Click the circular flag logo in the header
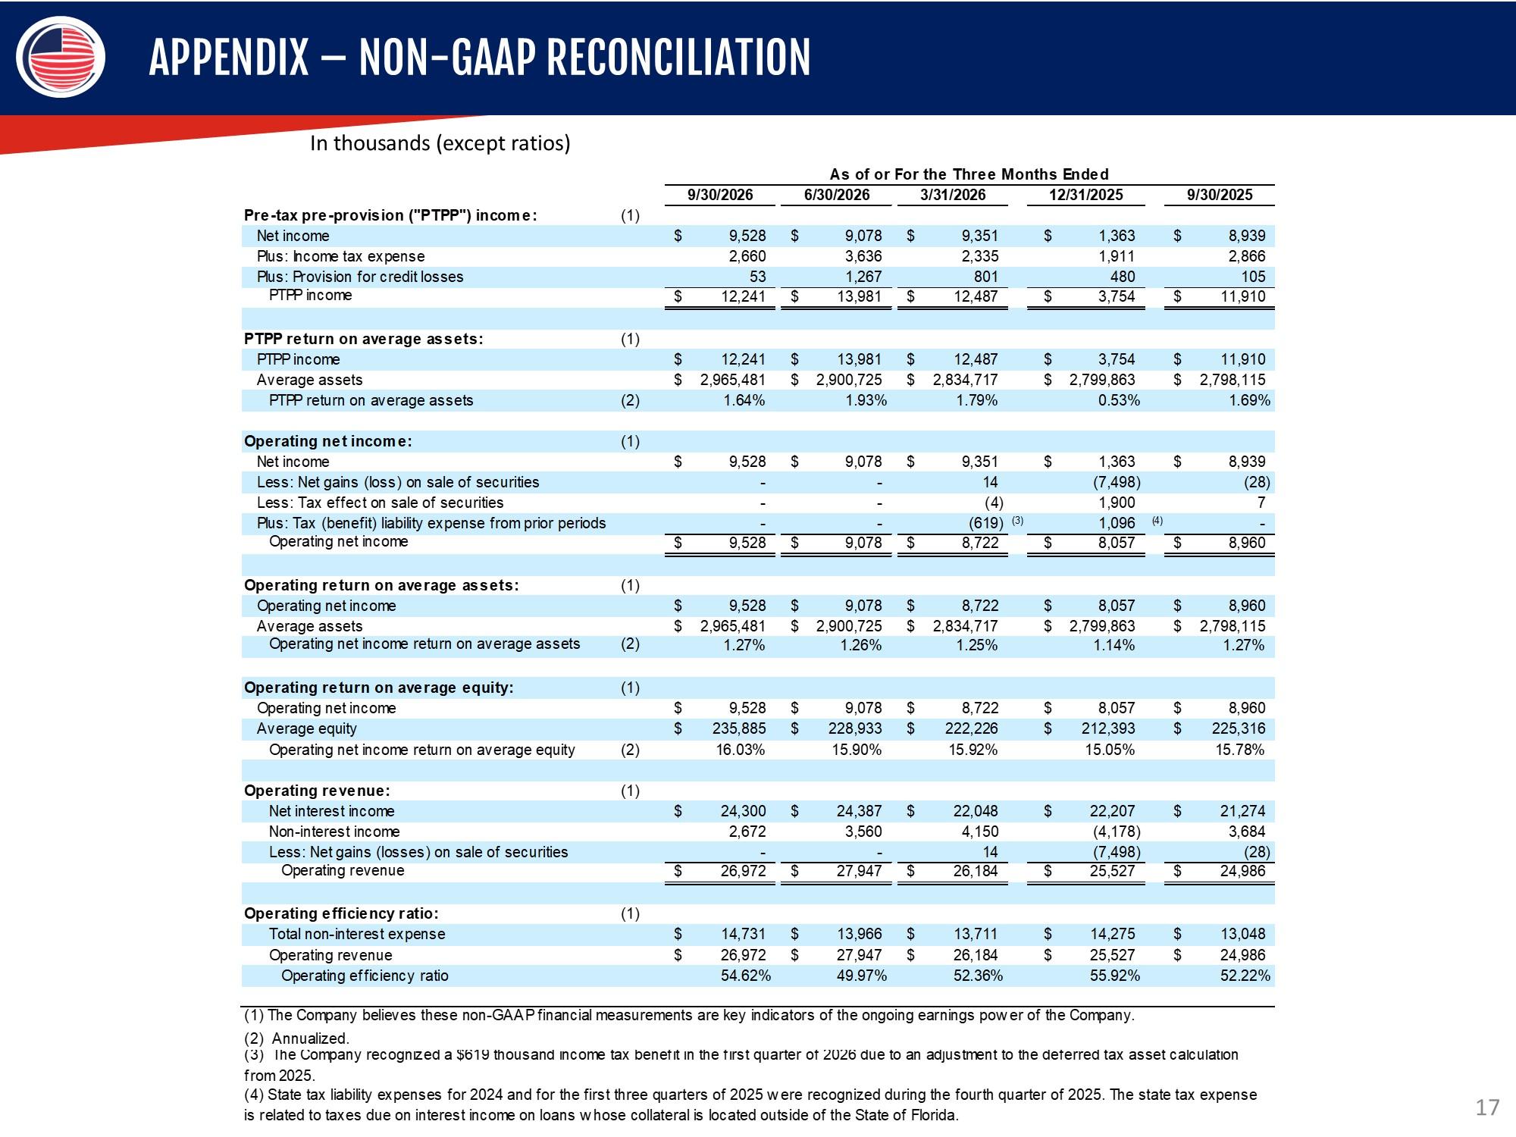point(60,57)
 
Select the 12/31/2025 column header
point(1085,195)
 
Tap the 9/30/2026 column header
point(720,195)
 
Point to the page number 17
point(1487,1107)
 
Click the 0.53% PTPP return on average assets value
point(1119,400)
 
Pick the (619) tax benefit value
point(986,523)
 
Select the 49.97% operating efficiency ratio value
point(861,976)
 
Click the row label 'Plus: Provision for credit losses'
point(360,277)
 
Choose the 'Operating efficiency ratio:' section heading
point(341,913)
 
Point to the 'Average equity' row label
point(306,728)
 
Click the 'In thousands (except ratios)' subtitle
point(440,143)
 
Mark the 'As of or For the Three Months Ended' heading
point(969,174)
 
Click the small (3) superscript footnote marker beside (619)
point(1018,521)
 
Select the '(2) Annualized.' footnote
point(296,1038)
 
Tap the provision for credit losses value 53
point(757,277)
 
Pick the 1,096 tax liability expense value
point(1117,523)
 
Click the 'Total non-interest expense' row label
point(357,934)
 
